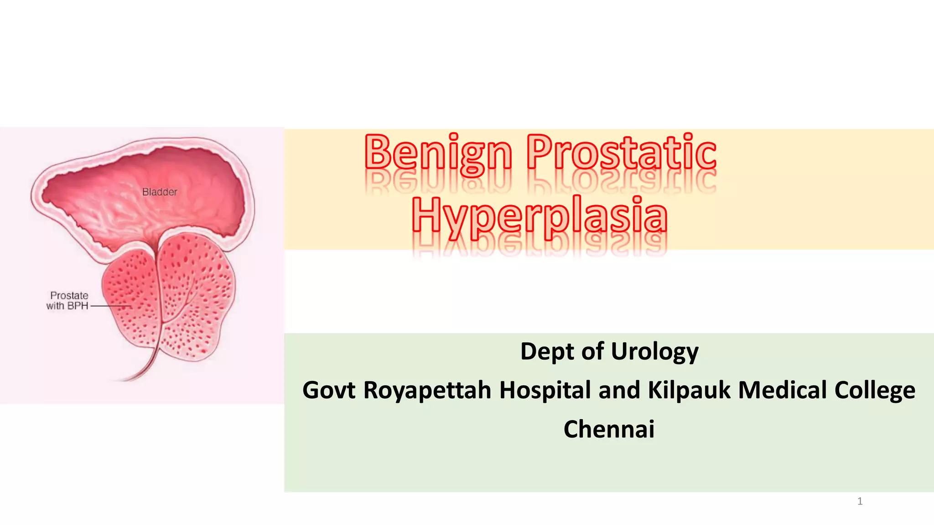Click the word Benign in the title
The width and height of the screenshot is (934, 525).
tap(438, 153)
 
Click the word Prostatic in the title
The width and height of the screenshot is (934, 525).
tap(621, 153)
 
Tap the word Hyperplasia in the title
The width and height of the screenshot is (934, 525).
tap(540, 215)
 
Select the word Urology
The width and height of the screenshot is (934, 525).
tap(654, 352)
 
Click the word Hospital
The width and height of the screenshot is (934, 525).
tap(545, 391)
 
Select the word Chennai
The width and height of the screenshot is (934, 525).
tap(609, 429)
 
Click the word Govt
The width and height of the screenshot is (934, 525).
tap(329, 391)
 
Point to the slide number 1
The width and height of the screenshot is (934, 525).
tap(860, 502)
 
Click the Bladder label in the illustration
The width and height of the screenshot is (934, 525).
tap(160, 192)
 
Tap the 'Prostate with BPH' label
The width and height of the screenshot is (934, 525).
tap(68, 301)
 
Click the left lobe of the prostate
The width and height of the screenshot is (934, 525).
tap(130, 296)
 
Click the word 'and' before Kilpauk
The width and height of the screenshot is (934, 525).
tap(619, 391)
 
